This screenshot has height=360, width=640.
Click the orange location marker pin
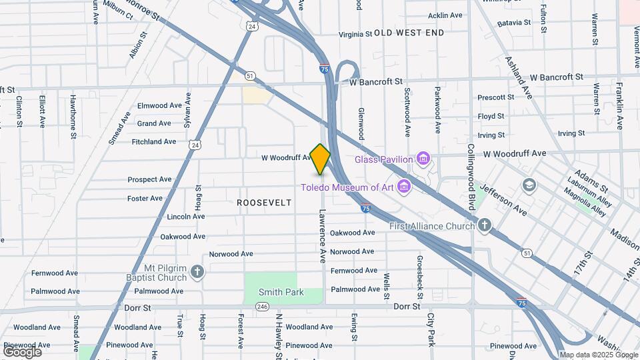(x=321, y=159)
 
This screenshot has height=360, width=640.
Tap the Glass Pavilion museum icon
(x=423, y=159)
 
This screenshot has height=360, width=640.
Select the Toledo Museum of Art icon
(x=403, y=187)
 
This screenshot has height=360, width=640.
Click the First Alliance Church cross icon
(x=485, y=225)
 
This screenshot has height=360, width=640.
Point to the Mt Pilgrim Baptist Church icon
(x=197, y=271)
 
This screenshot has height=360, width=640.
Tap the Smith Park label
(x=281, y=292)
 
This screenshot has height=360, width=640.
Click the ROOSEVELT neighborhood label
(x=264, y=202)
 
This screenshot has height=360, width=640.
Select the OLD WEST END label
(x=409, y=33)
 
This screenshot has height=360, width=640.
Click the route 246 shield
(x=262, y=307)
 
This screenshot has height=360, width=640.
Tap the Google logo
(x=21, y=351)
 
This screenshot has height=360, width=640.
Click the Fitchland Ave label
(x=154, y=141)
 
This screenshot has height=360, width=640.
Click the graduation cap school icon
(x=529, y=185)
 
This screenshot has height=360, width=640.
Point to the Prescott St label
(x=491, y=97)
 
